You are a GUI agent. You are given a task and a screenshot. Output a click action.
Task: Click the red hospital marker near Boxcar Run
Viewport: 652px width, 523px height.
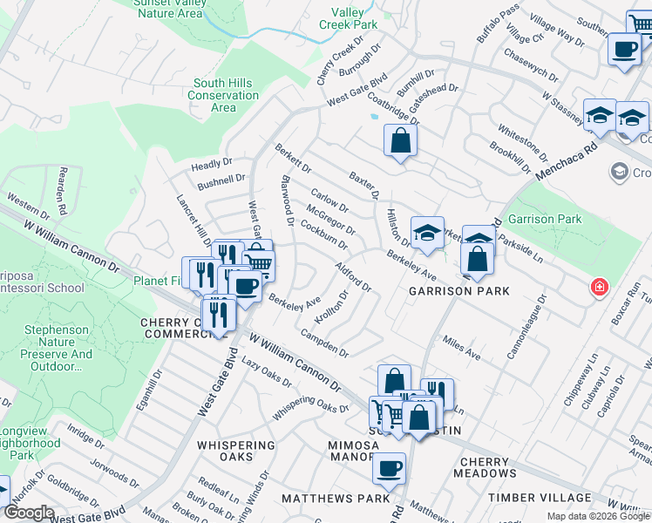pos(599,287)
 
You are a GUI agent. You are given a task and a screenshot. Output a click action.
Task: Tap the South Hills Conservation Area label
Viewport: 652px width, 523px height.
pos(223,95)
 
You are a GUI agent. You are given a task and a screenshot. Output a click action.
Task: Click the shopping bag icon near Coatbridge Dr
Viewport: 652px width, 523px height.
pos(400,140)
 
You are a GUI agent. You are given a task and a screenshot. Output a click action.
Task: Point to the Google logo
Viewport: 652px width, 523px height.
pos(30,513)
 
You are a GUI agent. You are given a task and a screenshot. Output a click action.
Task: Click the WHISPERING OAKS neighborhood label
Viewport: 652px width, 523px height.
pos(236,452)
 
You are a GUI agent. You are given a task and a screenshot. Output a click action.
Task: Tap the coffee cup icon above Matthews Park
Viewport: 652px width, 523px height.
pos(389,468)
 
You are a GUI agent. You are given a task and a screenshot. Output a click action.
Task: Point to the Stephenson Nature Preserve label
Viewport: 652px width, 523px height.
pos(58,349)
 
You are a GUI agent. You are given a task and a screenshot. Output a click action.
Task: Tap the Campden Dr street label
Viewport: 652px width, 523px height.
pos(324,343)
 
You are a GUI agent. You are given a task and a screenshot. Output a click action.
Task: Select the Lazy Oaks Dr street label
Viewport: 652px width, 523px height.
pos(265,372)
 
